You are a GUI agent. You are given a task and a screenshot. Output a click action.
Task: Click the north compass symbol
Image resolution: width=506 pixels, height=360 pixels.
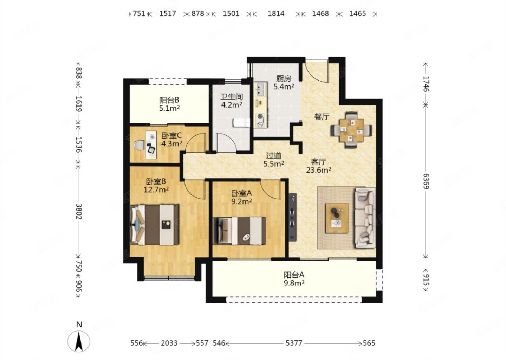[79, 341]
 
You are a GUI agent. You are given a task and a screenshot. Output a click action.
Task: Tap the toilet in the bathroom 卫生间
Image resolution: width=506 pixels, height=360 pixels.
[241, 123]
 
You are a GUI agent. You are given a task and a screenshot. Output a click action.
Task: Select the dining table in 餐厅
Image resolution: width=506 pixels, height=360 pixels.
[352, 130]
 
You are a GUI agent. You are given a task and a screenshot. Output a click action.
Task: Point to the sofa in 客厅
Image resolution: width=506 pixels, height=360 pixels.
[365, 218]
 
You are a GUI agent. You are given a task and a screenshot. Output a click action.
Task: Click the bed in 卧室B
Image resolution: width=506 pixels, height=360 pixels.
[155, 225]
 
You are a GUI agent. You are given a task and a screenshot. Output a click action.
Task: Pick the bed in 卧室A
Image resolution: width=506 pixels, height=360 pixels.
[239, 231]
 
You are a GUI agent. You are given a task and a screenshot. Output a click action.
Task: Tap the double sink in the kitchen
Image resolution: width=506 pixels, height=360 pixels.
[260, 90]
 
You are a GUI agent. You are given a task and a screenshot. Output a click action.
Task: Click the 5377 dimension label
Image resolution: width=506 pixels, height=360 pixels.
[294, 343]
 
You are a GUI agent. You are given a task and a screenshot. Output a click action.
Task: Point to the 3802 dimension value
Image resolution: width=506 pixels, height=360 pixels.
[78, 211]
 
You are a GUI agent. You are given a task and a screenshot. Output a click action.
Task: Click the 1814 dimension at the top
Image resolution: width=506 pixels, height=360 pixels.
[276, 14]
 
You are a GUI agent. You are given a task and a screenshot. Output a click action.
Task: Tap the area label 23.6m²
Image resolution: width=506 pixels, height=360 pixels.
[318, 170]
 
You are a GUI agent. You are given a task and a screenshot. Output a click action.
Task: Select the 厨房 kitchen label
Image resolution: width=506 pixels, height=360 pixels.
[284, 79]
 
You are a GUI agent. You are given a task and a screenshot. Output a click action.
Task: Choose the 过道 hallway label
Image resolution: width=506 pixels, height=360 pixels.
[273, 156]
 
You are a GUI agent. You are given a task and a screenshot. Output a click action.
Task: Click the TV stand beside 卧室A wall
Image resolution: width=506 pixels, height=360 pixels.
[292, 217]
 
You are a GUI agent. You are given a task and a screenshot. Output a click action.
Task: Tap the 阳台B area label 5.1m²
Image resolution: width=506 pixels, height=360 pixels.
[169, 109]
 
